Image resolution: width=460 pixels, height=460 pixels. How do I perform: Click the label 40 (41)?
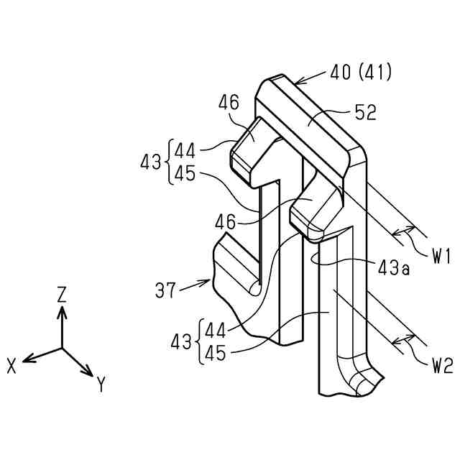(361, 73)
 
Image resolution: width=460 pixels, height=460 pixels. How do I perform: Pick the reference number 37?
(166, 290)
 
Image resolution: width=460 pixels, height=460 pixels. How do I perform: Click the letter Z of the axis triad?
(63, 293)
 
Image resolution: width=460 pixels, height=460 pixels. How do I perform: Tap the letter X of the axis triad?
(12, 366)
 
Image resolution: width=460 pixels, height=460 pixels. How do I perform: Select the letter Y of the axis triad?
(101, 385)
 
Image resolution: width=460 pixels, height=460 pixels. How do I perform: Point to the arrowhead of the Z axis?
(63, 309)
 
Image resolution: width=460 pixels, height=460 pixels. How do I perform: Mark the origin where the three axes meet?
(63, 349)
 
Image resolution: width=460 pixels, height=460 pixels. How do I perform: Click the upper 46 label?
(229, 104)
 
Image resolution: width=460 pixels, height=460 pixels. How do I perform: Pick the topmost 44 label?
(185, 151)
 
